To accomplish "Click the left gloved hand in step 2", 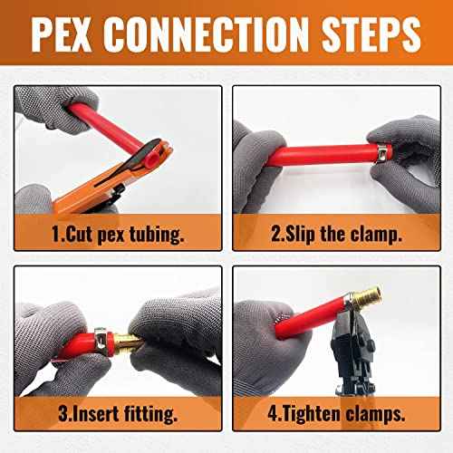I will click(x=263, y=145).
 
